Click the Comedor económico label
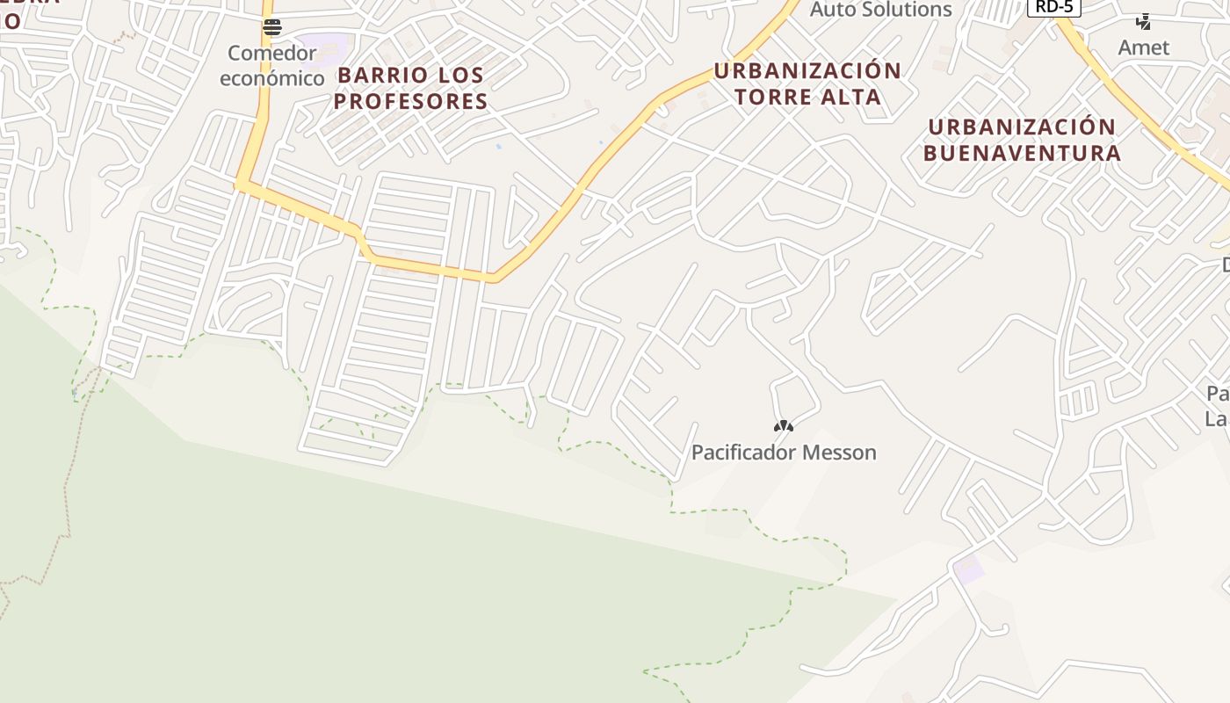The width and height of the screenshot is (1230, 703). (271, 66)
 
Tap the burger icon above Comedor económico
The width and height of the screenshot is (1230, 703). (272, 27)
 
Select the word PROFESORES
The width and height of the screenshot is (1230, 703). (410, 101)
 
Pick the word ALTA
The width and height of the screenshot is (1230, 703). (852, 97)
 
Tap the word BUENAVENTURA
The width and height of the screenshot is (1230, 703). (1022, 153)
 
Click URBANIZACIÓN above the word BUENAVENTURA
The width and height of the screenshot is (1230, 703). (1022, 127)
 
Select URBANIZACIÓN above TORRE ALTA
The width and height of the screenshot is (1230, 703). (807, 70)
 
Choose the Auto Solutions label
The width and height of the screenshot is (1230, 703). (880, 10)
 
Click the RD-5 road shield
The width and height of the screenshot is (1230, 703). (1053, 6)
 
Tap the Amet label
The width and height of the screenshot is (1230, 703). (1143, 47)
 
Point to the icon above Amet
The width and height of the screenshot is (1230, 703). (1144, 21)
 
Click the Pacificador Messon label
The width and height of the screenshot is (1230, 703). (784, 453)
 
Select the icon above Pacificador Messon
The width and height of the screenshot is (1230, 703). (784, 426)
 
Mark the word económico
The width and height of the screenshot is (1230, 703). (271, 78)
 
